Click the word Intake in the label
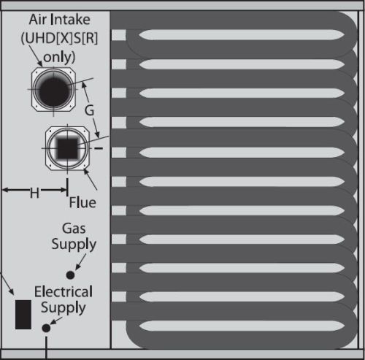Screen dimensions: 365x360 coord(70,20)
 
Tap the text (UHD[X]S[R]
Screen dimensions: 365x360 coord(59,38)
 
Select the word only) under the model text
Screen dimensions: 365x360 coord(59,57)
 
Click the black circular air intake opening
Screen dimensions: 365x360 coord(53,89)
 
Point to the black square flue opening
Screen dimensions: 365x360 coord(67,148)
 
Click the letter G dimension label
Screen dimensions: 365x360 coord(89,110)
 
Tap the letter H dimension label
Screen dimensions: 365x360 coord(34,193)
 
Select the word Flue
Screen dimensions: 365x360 coord(82,202)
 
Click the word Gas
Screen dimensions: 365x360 coord(74,229)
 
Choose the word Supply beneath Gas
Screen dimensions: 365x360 coord(74,245)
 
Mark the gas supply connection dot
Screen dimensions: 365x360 coord(70,275)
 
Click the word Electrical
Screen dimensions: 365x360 coord(64,291)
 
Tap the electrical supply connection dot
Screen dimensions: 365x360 coord(46,328)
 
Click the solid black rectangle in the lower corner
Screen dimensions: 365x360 coord(23,315)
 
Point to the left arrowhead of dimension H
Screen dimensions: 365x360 coord(5,190)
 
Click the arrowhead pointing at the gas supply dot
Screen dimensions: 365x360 coord(77,267)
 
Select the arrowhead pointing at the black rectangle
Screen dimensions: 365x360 coord(12,292)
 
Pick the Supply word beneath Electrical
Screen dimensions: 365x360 coord(64,308)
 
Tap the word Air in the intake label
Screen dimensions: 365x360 coord(37,20)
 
